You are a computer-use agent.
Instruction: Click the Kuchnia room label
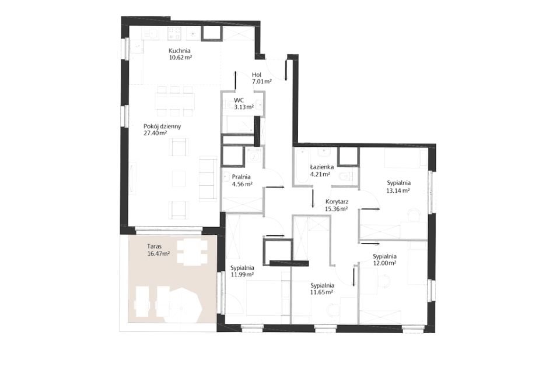[180, 51]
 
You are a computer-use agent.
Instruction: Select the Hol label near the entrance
[257, 75]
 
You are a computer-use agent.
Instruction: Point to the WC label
[239, 100]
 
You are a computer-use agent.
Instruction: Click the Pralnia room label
[241, 177]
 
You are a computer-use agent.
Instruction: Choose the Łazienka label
[322, 167]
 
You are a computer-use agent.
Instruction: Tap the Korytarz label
[337, 202]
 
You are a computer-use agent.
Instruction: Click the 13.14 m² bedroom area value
[398, 190]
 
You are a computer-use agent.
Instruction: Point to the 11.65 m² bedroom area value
[322, 292]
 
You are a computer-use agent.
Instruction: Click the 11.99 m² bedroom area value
[242, 274]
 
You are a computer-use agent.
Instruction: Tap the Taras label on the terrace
[154, 246]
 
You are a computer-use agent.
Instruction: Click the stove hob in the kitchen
[174, 34]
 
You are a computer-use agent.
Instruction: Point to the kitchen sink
[152, 34]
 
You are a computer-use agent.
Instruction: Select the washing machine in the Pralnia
[254, 156]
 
